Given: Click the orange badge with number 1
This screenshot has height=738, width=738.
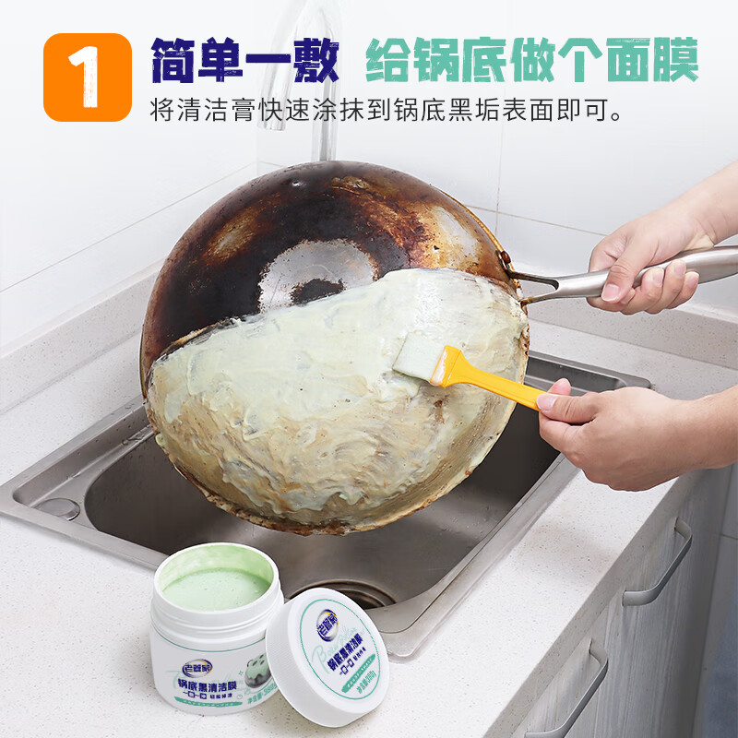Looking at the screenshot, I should pos(88,77).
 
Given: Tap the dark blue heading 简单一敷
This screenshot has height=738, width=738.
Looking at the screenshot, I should pos(244,62).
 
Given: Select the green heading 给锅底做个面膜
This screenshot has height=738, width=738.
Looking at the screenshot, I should pos(531,62).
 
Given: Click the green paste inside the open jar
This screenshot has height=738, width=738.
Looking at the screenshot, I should pos(215,587).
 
